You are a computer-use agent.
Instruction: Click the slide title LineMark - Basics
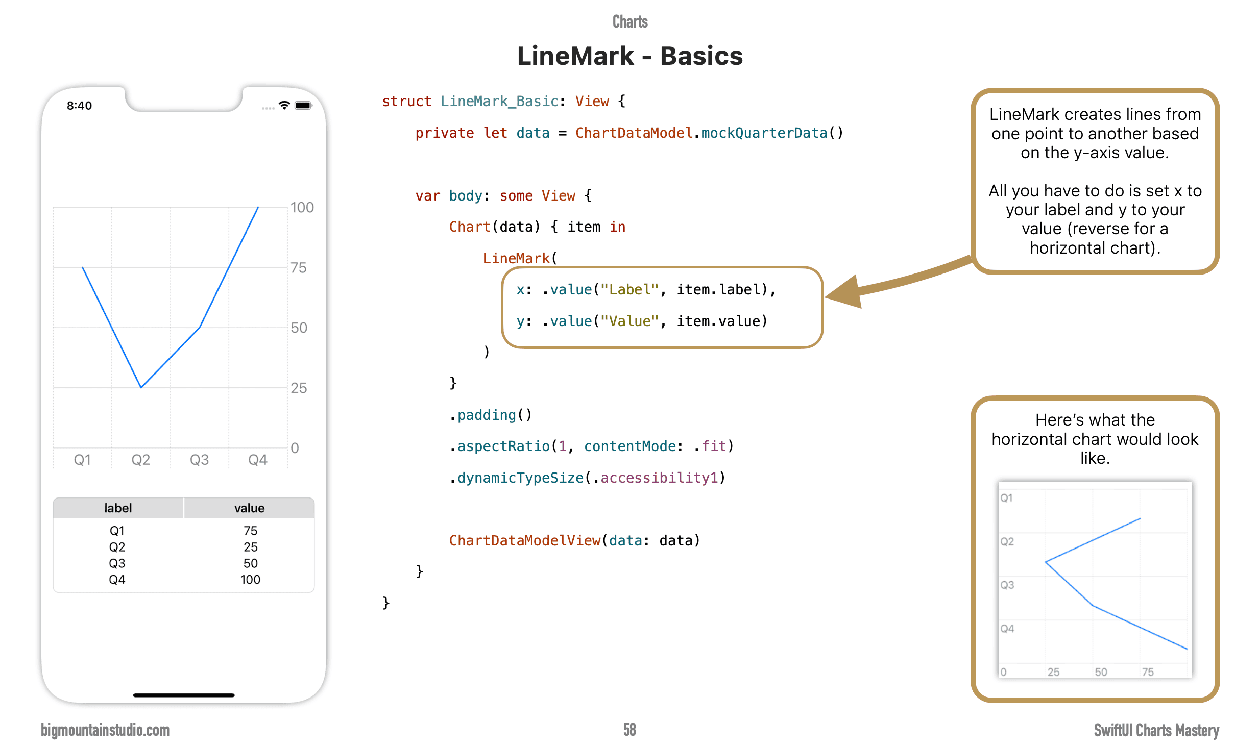[629, 56]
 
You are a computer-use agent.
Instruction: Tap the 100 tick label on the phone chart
[302, 208]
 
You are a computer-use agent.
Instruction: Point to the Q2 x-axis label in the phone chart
[140, 460]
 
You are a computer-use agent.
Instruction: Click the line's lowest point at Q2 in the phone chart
[141, 387]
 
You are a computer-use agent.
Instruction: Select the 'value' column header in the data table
[249, 508]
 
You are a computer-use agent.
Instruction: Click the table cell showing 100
[250, 580]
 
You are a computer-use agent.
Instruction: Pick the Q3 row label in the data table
[117, 563]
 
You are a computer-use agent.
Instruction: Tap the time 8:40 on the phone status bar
[79, 106]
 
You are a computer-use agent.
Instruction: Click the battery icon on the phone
[303, 106]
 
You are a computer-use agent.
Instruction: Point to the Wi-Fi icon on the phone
[284, 105]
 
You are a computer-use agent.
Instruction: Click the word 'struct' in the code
[406, 102]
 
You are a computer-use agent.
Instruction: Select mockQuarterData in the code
[764, 133]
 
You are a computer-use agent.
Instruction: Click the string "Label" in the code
[629, 290]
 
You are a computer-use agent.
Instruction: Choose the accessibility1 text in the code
[659, 478]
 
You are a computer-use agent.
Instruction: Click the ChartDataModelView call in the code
[524, 541]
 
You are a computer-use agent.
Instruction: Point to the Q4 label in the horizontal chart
[1007, 629]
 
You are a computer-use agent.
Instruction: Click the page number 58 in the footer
[629, 730]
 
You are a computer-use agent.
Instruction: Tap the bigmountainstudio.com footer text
[105, 730]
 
